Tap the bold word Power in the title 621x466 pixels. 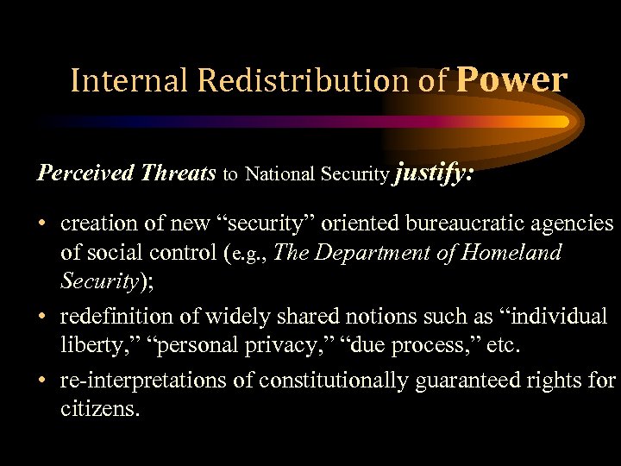511,79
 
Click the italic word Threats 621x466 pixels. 178,173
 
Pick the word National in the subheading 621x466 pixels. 281,173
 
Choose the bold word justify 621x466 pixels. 433,173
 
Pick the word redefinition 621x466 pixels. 118,317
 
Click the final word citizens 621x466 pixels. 100,409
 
